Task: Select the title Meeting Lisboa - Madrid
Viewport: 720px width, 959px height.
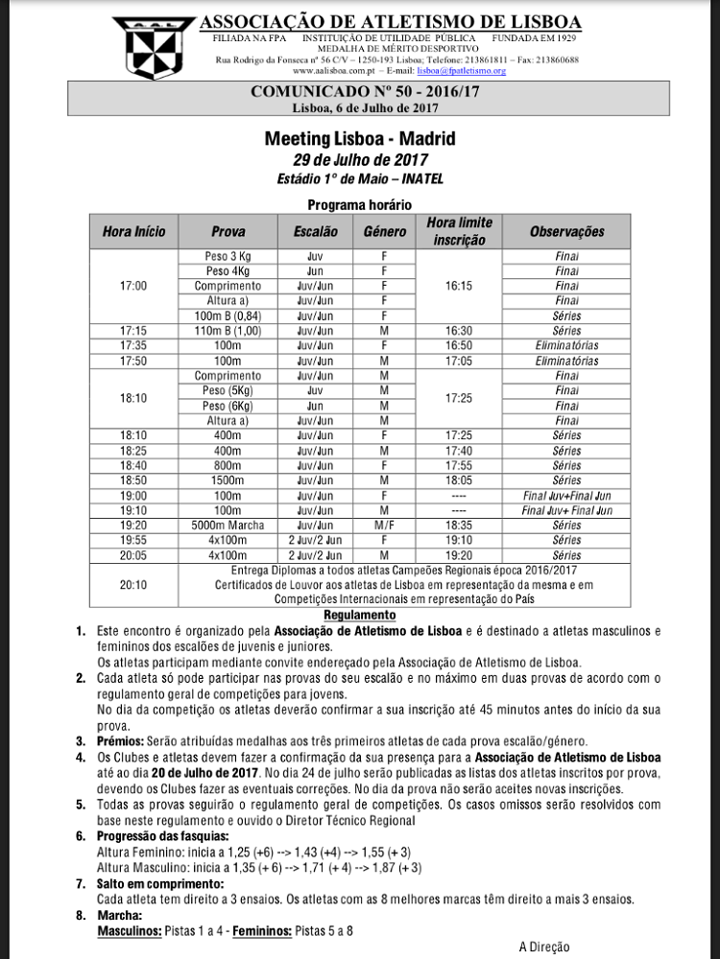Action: (359, 139)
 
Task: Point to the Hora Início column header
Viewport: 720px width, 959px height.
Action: (133, 231)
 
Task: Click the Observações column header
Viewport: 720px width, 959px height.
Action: (566, 231)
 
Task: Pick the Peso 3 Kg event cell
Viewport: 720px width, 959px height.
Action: (228, 256)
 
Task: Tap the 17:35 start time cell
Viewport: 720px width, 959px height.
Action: (133, 345)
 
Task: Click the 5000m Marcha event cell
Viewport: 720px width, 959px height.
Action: (228, 526)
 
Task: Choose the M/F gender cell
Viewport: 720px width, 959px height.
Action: (383, 526)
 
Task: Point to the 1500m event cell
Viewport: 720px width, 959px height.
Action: (228, 480)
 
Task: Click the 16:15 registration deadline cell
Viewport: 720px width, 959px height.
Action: (458, 286)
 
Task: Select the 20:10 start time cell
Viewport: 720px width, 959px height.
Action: (133, 584)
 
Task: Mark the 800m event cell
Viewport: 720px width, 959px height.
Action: (228, 465)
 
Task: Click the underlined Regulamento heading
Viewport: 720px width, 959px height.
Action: (359, 615)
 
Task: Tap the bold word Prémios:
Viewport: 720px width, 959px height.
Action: (123, 741)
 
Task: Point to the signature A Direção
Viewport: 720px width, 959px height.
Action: (543, 947)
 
